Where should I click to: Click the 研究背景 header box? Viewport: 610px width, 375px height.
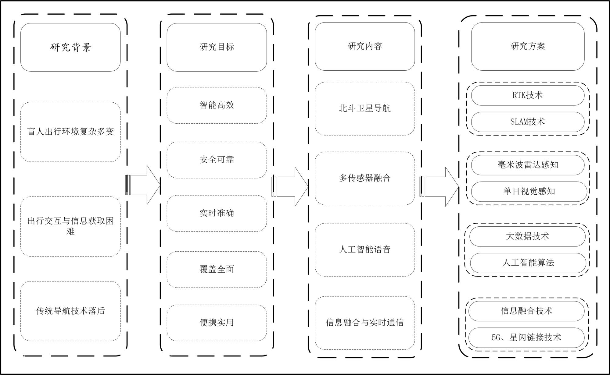(x=70, y=47)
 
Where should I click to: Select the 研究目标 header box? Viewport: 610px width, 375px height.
(x=217, y=47)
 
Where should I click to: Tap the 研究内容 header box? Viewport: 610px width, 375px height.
(x=365, y=46)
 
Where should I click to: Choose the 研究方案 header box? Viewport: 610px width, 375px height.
(x=528, y=46)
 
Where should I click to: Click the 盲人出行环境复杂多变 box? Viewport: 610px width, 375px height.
(x=70, y=132)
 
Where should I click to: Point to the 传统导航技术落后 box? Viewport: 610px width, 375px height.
(x=70, y=311)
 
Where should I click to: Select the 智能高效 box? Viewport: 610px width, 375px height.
(x=217, y=105)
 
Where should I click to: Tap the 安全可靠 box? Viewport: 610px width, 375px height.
(x=217, y=160)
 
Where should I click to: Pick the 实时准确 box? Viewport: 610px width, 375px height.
(x=217, y=213)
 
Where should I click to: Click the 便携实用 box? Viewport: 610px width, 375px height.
(x=217, y=323)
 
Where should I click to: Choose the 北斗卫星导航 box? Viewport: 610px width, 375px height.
(x=365, y=108)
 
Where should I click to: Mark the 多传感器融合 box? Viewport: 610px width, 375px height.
(x=365, y=178)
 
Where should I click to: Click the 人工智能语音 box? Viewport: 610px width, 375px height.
(x=365, y=250)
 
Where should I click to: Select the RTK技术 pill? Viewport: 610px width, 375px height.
(x=528, y=95)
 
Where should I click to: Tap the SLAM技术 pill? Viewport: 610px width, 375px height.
(x=528, y=122)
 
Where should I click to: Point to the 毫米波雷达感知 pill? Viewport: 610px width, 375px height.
(x=528, y=165)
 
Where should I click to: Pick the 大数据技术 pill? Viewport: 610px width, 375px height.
(x=527, y=236)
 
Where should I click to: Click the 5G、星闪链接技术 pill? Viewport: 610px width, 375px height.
(x=526, y=338)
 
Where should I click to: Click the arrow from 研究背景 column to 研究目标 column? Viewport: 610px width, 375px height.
(x=143, y=185)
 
